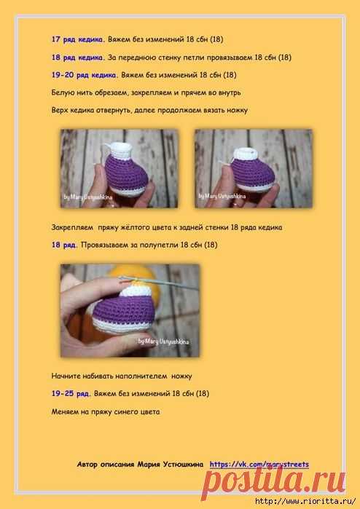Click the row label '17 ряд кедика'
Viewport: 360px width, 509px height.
pyautogui.click(x=77, y=39)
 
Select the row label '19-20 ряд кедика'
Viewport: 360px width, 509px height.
pyautogui.click(x=84, y=75)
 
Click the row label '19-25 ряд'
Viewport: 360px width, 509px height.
pyautogui.click(x=70, y=394)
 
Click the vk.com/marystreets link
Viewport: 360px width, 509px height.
pyautogui.click(x=259, y=465)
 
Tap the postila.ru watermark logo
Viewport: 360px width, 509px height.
pyautogui.click(x=273, y=481)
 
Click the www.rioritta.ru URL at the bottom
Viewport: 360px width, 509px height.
pyautogui.click(x=305, y=502)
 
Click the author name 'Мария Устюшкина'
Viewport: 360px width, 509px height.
pyautogui.click(x=171, y=465)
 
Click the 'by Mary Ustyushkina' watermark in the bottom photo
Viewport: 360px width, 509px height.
pyautogui.click(x=163, y=342)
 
